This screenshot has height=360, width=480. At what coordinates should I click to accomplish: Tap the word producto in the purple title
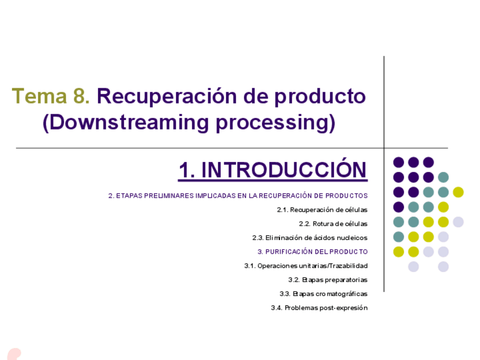click(x=320, y=97)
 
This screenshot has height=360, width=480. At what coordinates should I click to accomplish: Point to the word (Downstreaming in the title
click(x=123, y=123)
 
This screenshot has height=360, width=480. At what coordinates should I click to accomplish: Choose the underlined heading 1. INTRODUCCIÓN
click(x=273, y=170)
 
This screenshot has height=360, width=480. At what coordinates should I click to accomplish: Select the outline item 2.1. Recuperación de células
click(x=322, y=210)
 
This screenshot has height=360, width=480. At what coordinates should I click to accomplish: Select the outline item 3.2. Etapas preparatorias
click(x=327, y=280)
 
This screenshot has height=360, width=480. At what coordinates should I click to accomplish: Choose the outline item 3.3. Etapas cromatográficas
click(x=323, y=294)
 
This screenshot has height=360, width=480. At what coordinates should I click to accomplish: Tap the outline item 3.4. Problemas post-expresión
click(x=319, y=308)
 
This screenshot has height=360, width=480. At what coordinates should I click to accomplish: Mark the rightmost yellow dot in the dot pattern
click(x=458, y=192)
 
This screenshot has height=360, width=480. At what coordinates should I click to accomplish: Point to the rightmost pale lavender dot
click(x=458, y=222)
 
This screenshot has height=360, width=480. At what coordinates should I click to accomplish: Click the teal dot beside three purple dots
click(x=443, y=177)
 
